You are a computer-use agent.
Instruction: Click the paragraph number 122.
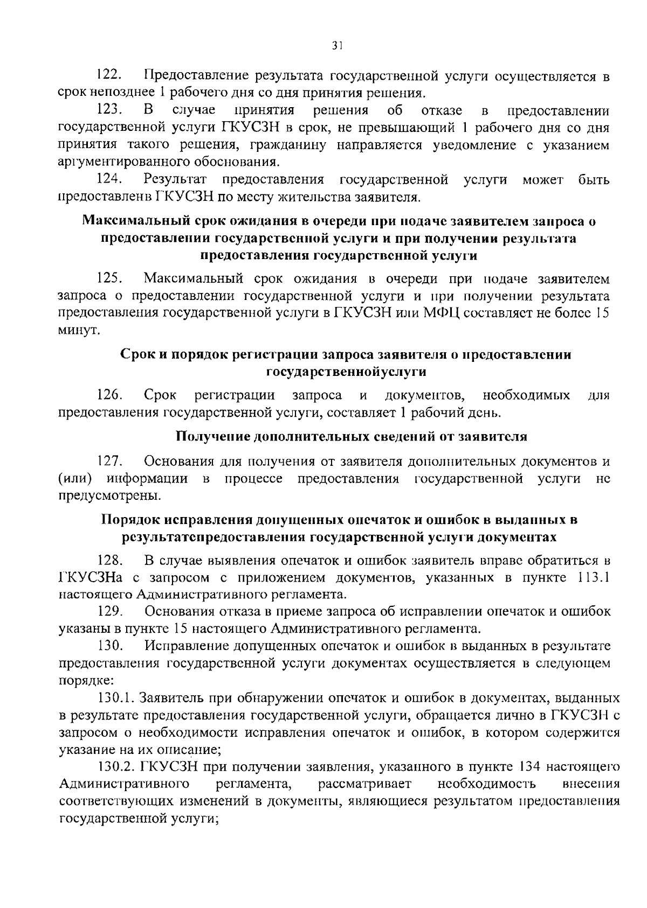(x=109, y=75)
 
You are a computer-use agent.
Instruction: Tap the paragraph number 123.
(x=109, y=111)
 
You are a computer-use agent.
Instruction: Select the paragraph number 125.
(x=109, y=278)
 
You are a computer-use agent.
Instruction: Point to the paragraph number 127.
(x=109, y=462)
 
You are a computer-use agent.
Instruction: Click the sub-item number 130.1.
(x=116, y=698)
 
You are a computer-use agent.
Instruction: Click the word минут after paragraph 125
(x=78, y=330)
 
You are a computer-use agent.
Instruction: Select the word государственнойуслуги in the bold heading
(x=346, y=372)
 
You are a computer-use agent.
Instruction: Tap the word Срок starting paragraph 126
(x=160, y=396)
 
